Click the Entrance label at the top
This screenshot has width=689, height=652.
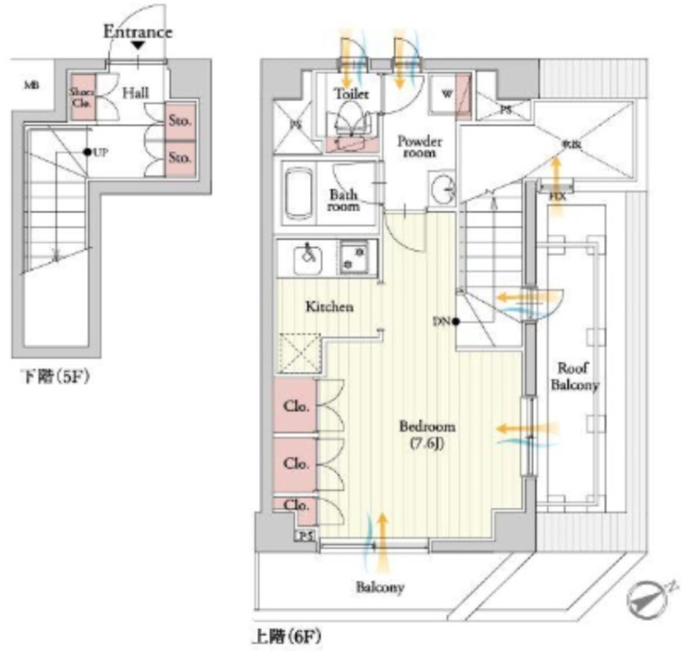(138, 33)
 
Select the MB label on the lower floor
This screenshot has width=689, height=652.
(31, 85)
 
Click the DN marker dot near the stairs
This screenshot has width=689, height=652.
(455, 323)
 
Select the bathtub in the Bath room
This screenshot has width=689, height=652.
(301, 196)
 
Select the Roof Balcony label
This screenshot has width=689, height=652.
(574, 378)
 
